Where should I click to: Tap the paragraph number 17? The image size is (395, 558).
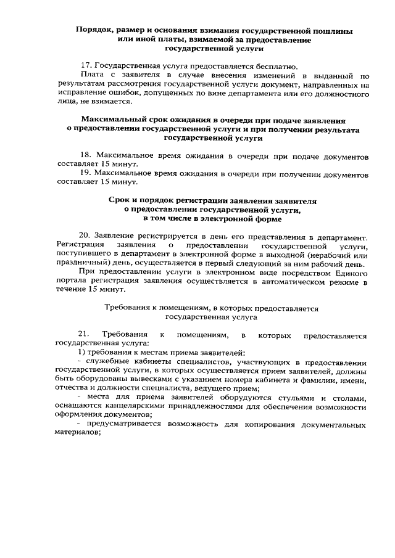coord(86,67)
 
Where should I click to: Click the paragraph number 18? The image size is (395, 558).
coord(86,157)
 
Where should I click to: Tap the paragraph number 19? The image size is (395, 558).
coord(86,174)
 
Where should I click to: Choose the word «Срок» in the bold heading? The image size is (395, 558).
coord(121,201)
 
